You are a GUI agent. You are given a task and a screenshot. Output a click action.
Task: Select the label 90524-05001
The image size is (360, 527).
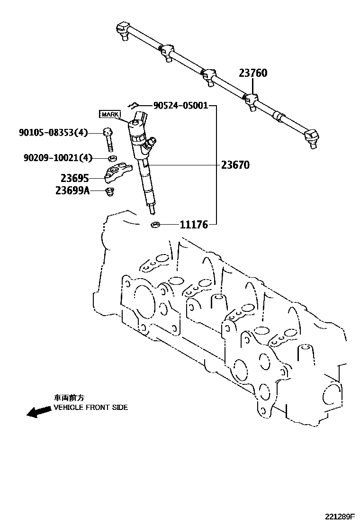180,106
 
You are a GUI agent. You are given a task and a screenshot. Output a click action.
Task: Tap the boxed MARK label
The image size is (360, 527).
109,114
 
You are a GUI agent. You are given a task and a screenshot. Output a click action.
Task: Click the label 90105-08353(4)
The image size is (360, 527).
53,133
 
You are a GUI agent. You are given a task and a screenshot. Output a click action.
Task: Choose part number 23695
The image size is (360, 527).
75,178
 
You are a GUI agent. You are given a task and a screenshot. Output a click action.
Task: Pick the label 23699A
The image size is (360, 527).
72,191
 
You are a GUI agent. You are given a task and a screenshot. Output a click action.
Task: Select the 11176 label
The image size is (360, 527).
194,225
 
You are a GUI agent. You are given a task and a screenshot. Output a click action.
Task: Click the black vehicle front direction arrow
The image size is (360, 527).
38,411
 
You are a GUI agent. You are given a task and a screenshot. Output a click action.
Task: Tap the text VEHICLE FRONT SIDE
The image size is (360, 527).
90,408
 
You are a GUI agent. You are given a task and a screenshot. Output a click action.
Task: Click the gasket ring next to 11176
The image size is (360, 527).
154,224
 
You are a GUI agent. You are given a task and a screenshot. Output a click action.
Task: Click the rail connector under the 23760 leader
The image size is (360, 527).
250,100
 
